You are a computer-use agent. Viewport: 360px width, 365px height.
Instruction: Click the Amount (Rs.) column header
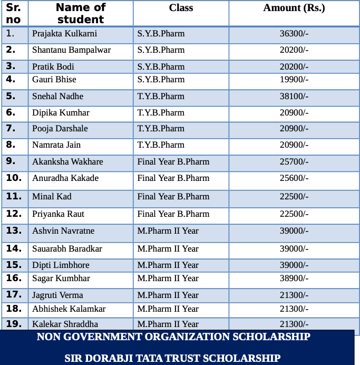[x=294, y=8]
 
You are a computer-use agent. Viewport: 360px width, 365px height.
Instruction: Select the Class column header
[x=181, y=8]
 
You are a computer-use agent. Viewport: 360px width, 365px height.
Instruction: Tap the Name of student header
[x=80, y=14]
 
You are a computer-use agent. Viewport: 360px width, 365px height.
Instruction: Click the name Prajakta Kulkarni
[x=64, y=34]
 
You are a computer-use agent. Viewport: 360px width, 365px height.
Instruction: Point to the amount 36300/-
[x=294, y=34]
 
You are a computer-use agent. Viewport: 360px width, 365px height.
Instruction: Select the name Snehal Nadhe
[x=57, y=97]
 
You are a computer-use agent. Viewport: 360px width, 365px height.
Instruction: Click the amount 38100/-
[x=294, y=97]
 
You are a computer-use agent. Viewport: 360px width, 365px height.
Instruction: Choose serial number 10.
[x=14, y=178]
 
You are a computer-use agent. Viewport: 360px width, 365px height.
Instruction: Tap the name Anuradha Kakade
[x=65, y=178]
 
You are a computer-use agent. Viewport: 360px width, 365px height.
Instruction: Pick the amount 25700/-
[x=294, y=162]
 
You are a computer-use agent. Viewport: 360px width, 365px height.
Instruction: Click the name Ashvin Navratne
[x=63, y=231]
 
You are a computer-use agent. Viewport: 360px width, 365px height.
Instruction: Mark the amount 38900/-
[x=294, y=278]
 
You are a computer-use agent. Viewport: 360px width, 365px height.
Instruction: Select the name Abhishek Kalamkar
[x=69, y=309]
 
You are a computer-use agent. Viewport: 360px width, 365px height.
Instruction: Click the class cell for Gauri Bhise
[x=161, y=80]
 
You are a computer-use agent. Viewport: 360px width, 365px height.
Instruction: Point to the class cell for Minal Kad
[x=173, y=197]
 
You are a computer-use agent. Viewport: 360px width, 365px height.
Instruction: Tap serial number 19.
[x=14, y=323]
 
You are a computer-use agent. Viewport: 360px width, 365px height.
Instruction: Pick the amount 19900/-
[x=294, y=80]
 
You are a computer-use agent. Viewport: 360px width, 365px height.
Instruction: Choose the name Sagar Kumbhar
[x=61, y=278]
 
